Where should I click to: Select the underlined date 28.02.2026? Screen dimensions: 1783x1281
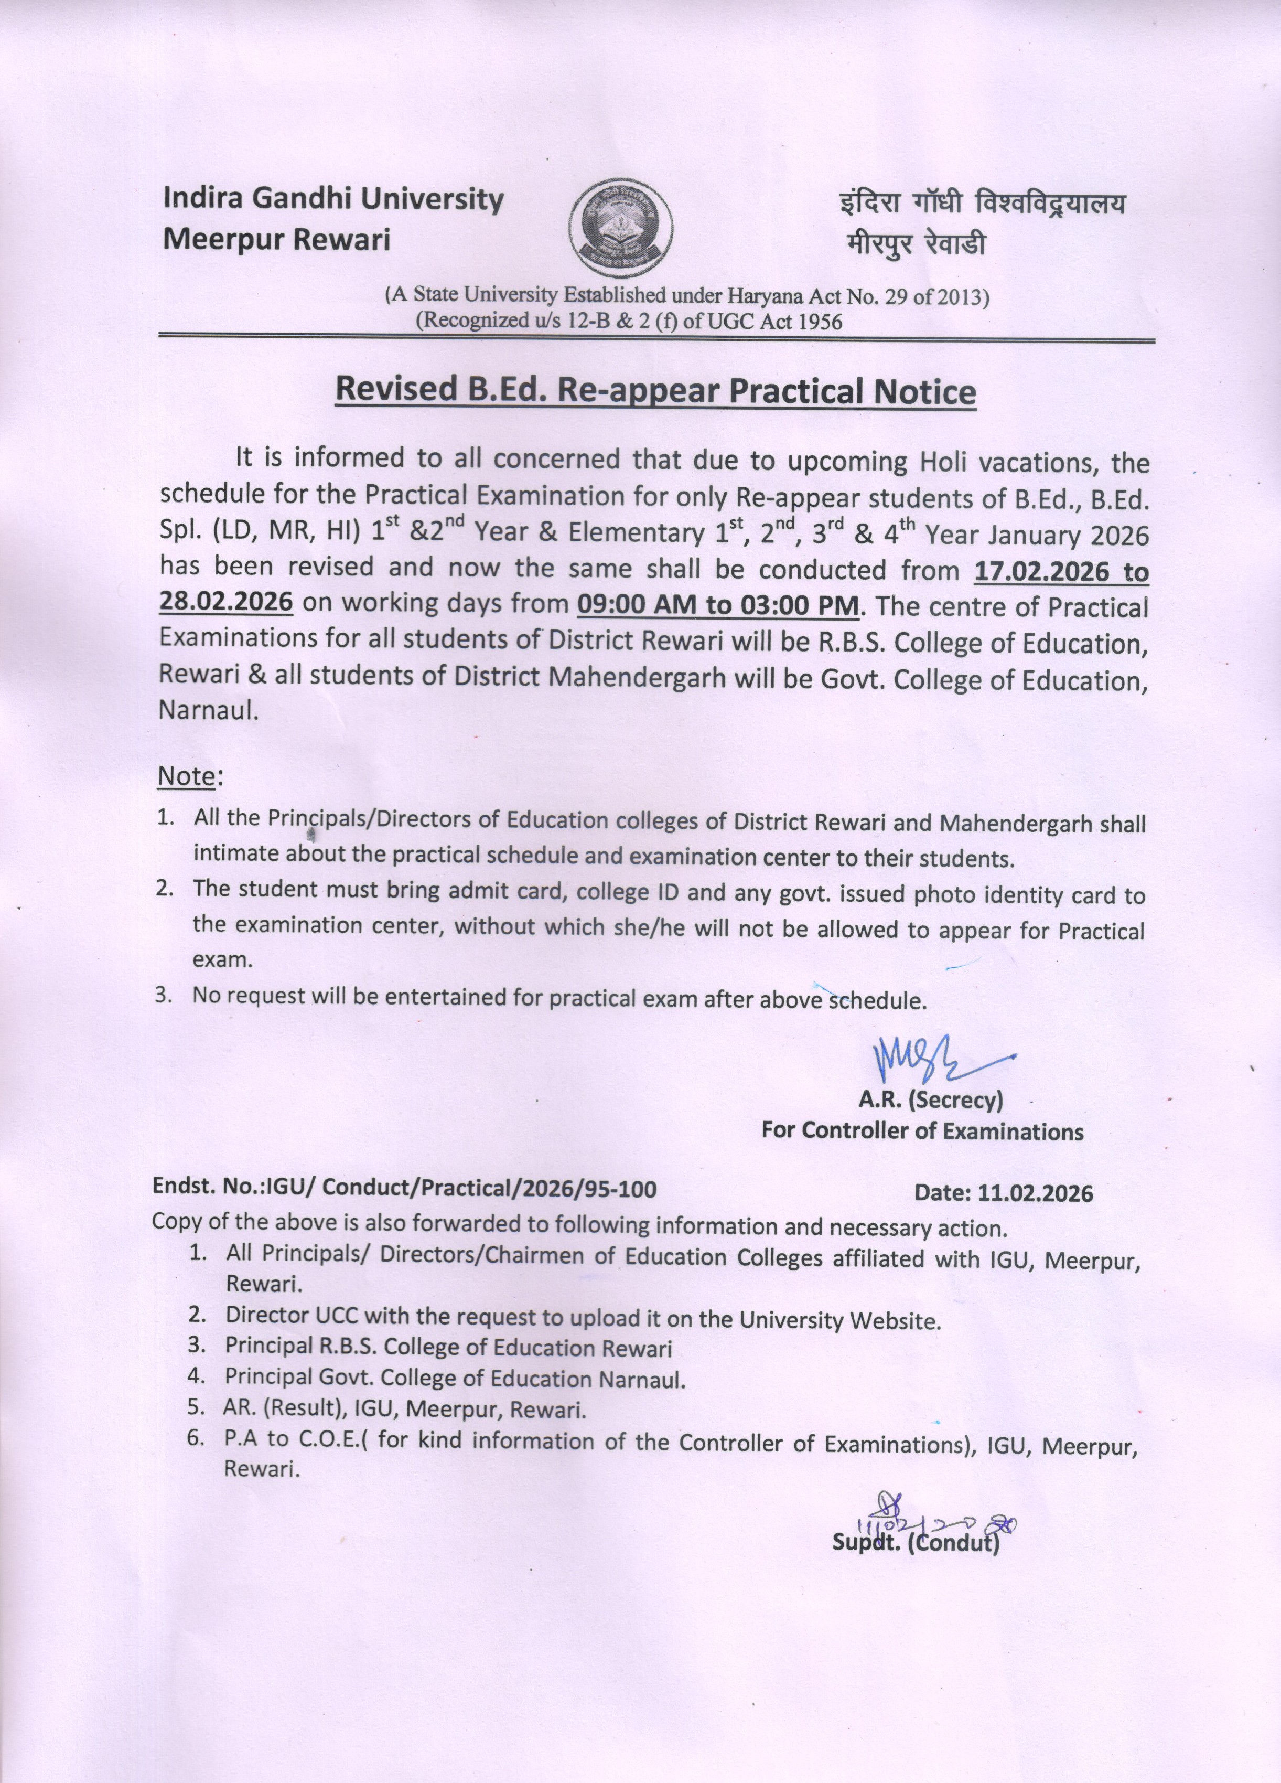pos(227,603)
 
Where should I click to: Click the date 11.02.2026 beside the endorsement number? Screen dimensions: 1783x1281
pos(1035,1193)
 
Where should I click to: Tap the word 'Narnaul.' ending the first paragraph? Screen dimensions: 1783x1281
pos(208,711)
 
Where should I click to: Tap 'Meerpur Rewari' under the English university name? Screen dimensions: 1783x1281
pos(277,240)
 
